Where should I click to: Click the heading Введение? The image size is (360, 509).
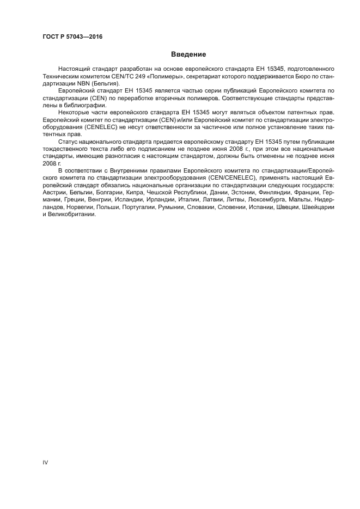pyautogui.click(x=188, y=54)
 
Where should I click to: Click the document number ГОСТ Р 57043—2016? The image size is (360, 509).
pyautogui.click(x=72, y=38)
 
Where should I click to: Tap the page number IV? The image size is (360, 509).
pyautogui.click(x=45, y=462)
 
